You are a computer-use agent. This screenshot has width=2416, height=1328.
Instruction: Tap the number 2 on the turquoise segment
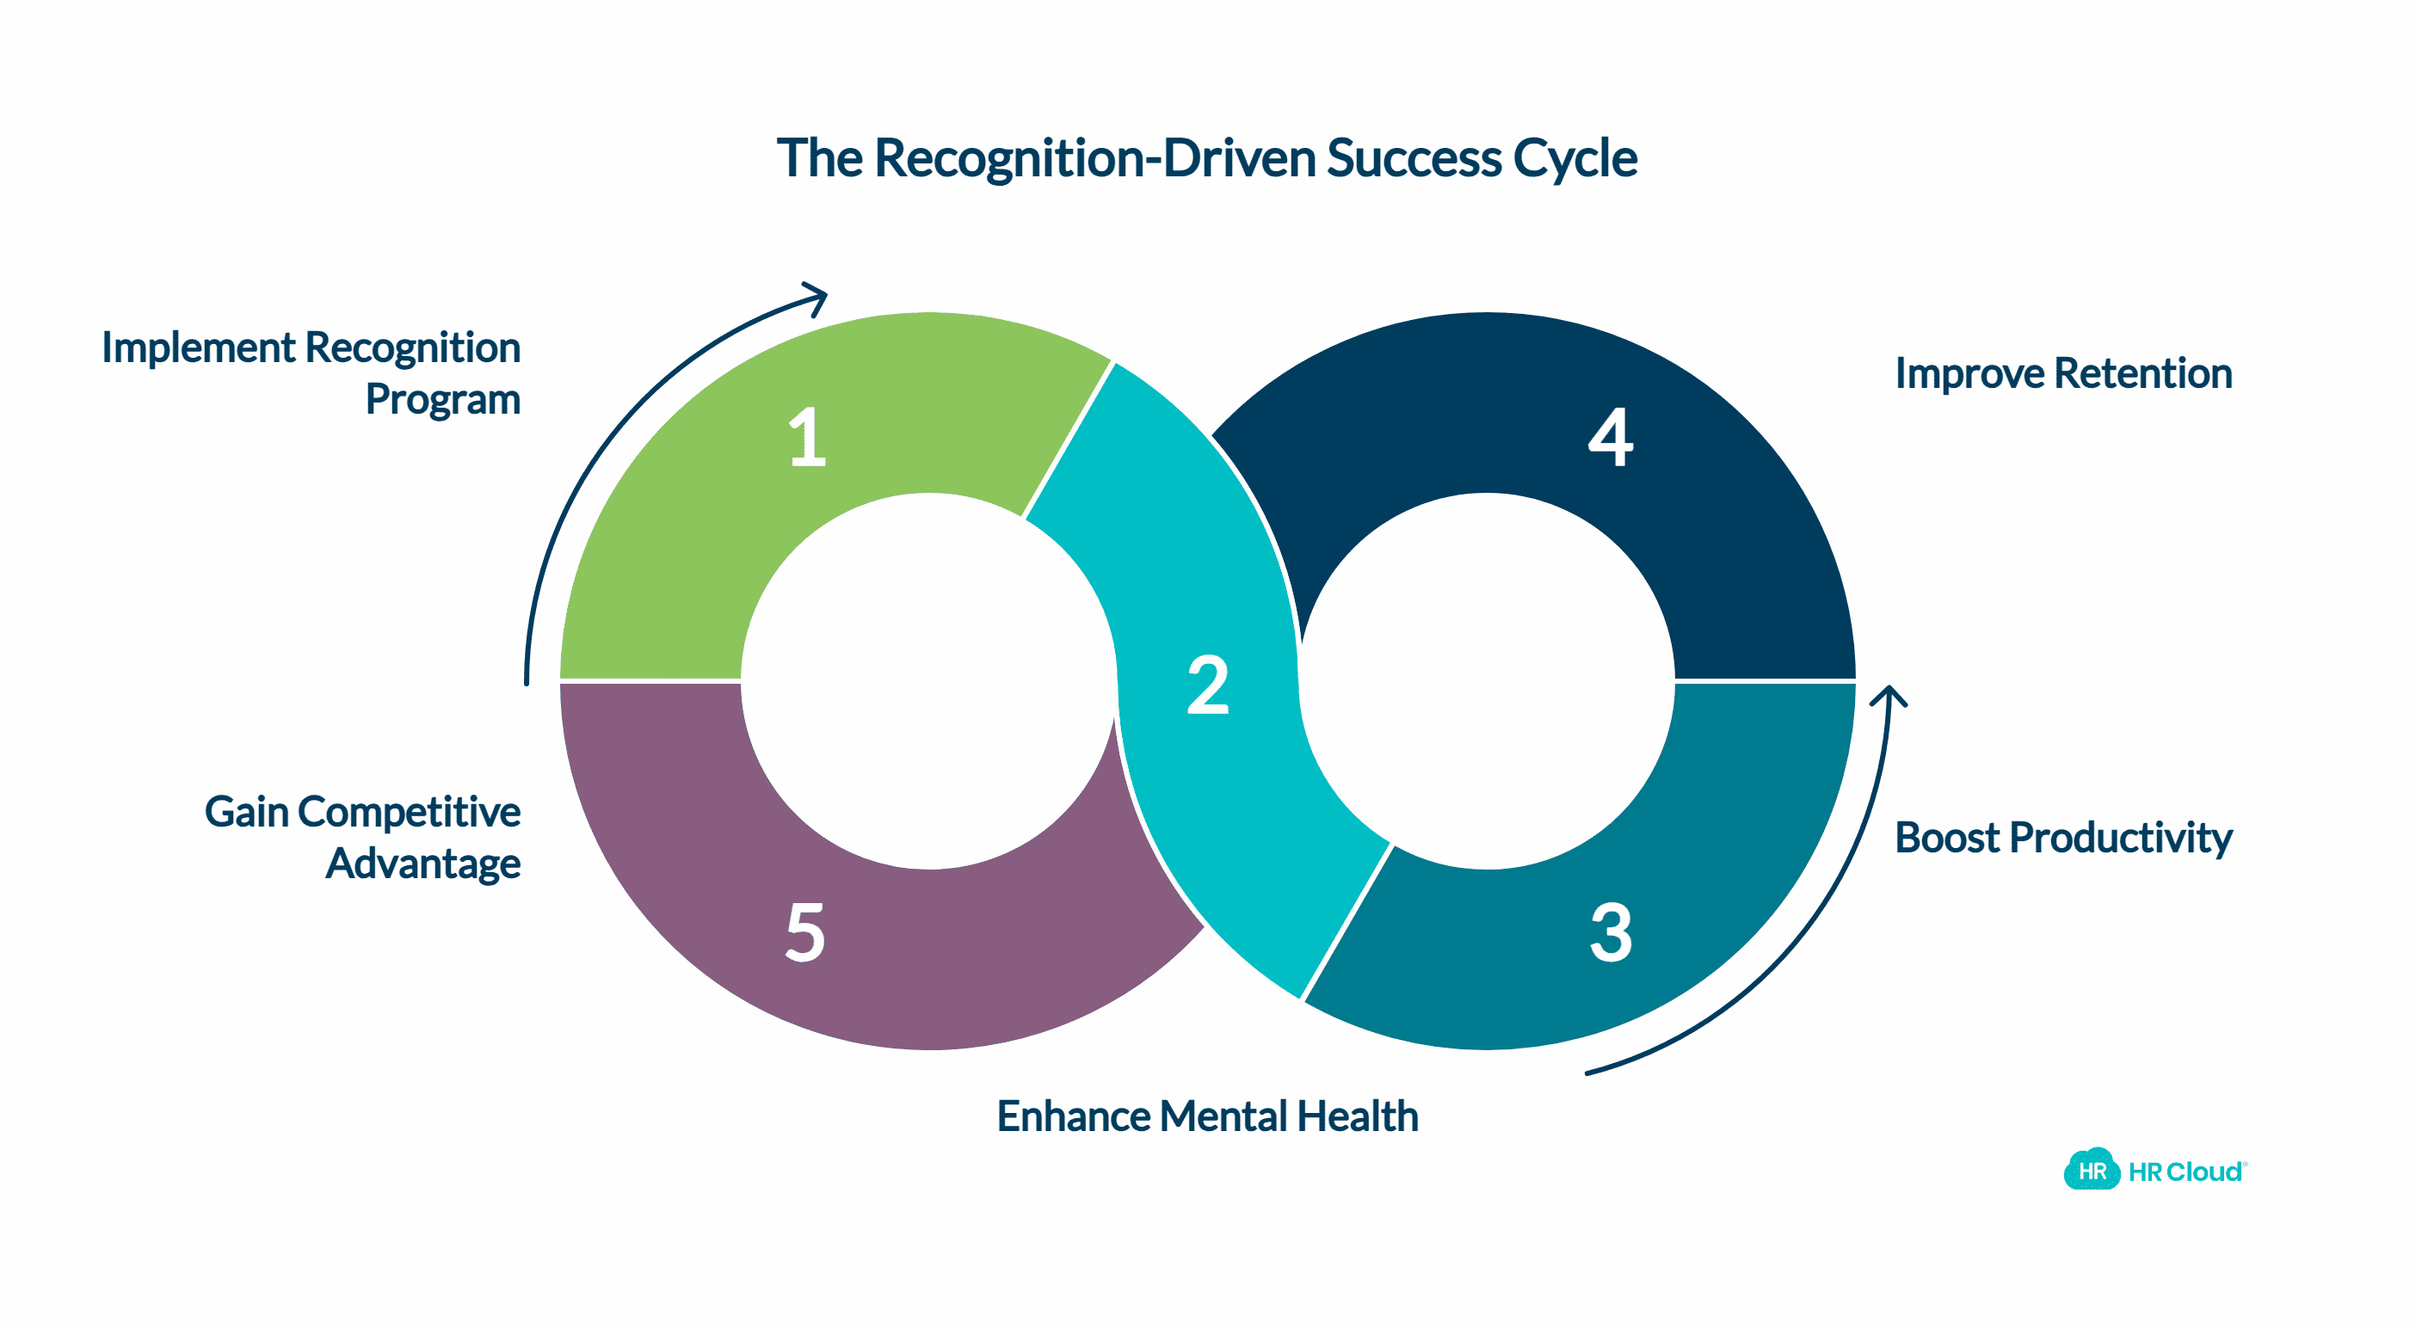pos(1207,686)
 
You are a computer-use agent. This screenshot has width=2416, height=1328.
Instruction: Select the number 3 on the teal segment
pos(1611,933)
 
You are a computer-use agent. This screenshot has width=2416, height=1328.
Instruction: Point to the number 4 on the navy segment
pos(1611,437)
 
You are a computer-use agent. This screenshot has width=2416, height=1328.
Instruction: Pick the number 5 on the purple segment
pos(804,933)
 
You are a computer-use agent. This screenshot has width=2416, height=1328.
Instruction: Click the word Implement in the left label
pos(198,348)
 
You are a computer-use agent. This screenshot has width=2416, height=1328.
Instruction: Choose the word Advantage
pos(423,864)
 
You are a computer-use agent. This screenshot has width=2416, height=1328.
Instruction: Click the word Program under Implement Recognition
pos(443,400)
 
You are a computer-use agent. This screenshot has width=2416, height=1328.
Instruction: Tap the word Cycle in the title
pos(1575,157)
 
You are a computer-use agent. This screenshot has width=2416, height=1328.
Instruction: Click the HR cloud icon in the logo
pos(2091,1171)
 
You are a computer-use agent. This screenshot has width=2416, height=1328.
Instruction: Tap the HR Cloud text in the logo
pos(2185,1172)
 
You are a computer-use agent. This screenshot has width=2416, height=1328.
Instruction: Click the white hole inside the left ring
pos(928,681)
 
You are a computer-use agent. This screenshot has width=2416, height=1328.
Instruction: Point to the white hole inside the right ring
pos(1487,681)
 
